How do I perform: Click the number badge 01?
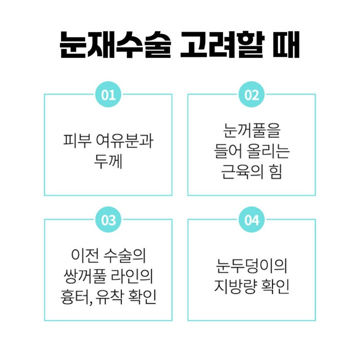coord(108,95)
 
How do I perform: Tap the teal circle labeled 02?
coord(252,95)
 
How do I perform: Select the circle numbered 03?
coord(108,219)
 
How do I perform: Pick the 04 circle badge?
coord(252,219)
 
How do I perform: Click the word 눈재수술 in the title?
coord(115,44)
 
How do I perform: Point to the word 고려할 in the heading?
coord(222,44)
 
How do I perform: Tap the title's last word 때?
coord(286,44)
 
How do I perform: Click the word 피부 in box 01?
coord(77,141)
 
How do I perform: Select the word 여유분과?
coord(125,141)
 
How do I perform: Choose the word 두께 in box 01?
coord(108,161)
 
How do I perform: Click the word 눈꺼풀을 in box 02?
coord(252,130)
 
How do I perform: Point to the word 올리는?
coord(268,151)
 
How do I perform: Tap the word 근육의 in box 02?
coord(242,172)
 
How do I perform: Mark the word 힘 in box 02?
coord(275,172)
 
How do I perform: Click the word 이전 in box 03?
coord(85,255)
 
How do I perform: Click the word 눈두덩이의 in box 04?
coord(252,266)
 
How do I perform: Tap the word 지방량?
coord(235,286)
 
